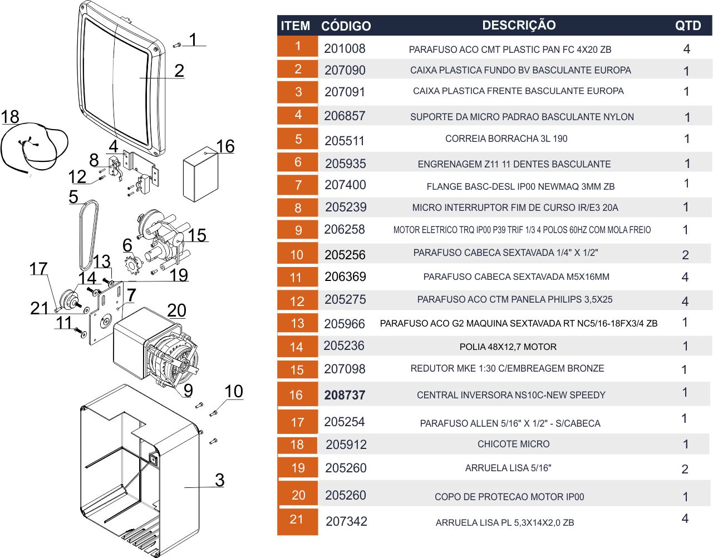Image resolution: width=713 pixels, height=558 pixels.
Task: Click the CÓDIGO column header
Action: pyautogui.click(x=346, y=26)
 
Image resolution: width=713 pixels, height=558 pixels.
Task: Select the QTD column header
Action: pyautogui.click(x=688, y=26)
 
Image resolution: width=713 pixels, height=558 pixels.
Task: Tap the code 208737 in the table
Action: pyautogui.click(x=345, y=395)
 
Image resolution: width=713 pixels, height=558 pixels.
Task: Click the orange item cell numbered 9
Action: pyautogui.click(x=298, y=230)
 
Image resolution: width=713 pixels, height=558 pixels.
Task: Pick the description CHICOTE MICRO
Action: pyautogui.click(x=513, y=444)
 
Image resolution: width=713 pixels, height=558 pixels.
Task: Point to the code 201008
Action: pyautogui.click(x=345, y=48)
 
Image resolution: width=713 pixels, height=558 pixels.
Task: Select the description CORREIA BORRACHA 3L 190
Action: pyautogui.click(x=506, y=139)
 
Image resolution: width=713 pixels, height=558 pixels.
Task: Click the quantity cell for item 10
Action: pyautogui.click(x=685, y=255)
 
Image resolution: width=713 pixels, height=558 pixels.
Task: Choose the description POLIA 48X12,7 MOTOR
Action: pyautogui.click(x=508, y=347)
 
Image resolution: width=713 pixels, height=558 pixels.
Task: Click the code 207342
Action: pyautogui.click(x=346, y=521)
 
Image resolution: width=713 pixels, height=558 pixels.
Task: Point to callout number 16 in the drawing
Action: pyautogui.click(x=225, y=146)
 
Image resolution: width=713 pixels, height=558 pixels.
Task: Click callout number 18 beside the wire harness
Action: pyautogui.click(x=10, y=117)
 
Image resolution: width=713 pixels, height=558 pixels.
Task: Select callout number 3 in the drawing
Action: pyautogui.click(x=219, y=480)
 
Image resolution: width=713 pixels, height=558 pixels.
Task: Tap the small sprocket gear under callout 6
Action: pyautogui.click(x=133, y=264)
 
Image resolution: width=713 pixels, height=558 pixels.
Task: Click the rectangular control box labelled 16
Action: pyautogui.click(x=200, y=174)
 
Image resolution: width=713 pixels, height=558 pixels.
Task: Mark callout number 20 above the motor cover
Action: pyautogui.click(x=176, y=310)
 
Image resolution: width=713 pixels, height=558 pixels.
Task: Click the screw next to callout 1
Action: pyautogui.click(x=176, y=45)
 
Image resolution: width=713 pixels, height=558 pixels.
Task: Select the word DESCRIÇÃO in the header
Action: pyautogui.click(x=519, y=25)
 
